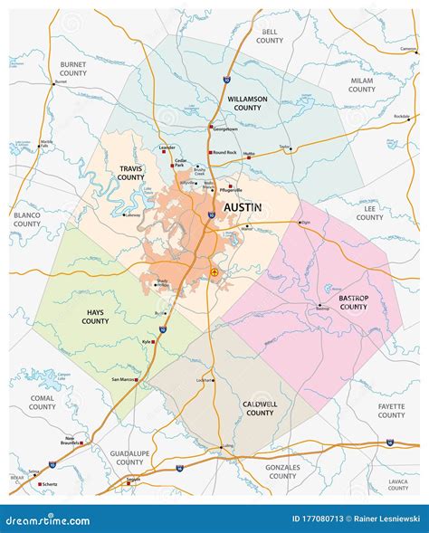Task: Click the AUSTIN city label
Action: [x=242, y=207]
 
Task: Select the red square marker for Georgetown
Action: [x=211, y=126]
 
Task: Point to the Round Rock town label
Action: [x=224, y=152]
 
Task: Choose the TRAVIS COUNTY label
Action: [x=131, y=172]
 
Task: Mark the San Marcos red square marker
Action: [x=137, y=380]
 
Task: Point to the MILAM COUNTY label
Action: [x=361, y=85]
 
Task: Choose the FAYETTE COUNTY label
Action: [x=391, y=410]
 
